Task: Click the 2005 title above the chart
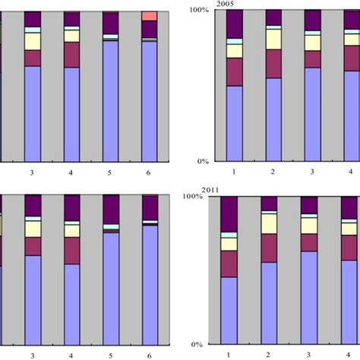click(225, 4)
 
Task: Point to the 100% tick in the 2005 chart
click(198, 10)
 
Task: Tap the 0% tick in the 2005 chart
click(202, 161)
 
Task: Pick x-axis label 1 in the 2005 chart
click(234, 172)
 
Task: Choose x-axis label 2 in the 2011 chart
click(269, 354)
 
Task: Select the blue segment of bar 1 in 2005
click(235, 123)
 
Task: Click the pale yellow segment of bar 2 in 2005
click(273, 39)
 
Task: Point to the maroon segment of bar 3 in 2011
click(309, 242)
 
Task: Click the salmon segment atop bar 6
click(150, 16)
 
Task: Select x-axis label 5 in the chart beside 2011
click(111, 355)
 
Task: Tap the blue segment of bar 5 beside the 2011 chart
click(111, 289)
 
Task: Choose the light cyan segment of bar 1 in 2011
click(229, 235)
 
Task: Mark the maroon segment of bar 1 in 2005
click(235, 71)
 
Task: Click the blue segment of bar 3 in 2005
click(312, 114)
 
